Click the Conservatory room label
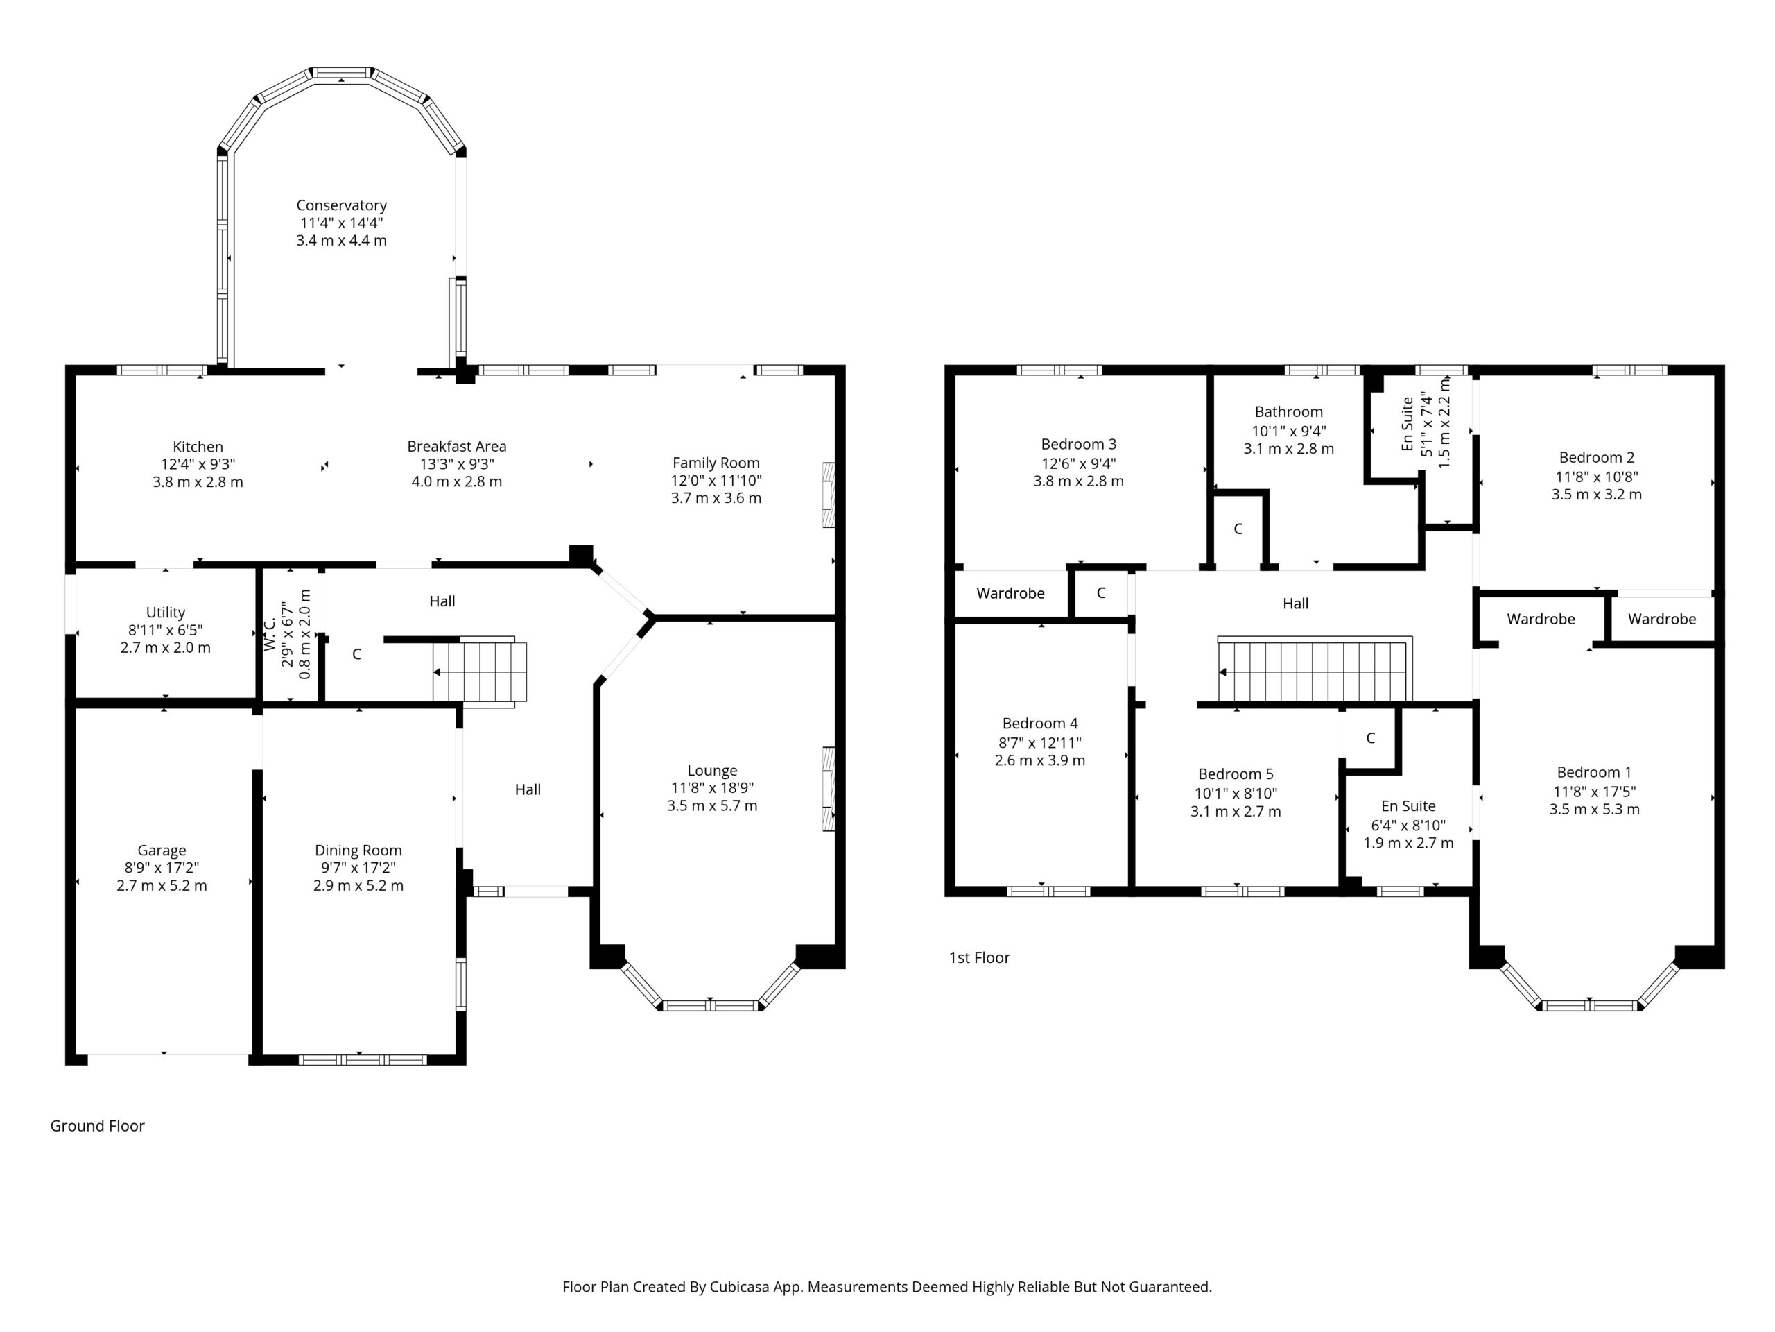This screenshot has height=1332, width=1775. tap(341, 205)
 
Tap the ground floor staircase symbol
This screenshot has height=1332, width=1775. tap(480, 673)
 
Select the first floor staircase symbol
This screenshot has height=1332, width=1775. tap(1315, 670)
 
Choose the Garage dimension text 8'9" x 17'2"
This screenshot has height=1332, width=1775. tap(162, 868)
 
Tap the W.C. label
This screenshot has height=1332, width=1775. tap(270, 633)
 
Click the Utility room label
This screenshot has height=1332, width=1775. tap(165, 613)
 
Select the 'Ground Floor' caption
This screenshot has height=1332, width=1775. tap(97, 1126)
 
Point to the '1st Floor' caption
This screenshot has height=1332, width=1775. tap(979, 957)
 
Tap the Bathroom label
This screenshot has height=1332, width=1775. tap(1289, 412)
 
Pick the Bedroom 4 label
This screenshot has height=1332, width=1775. tap(1040, 724)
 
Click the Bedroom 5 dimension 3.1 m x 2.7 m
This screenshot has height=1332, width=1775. tap(1236, 811)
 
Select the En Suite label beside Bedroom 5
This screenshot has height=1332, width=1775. tap(1408, 806)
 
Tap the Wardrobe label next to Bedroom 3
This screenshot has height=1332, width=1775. tap(1010, 593)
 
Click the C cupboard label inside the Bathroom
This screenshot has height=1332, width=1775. tap(1238, 529)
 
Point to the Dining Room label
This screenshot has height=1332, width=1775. tap(358, 851)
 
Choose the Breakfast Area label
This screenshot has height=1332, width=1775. tap(457, 446)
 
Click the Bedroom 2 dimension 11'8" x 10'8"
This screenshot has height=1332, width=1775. tap(1597, 476)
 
